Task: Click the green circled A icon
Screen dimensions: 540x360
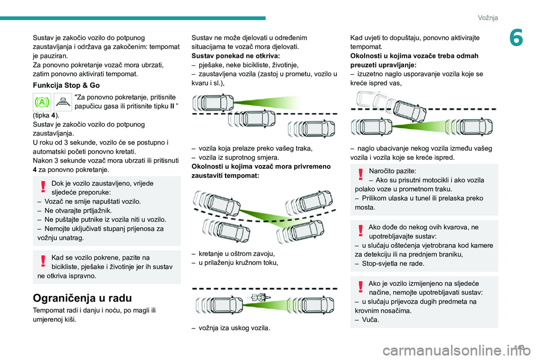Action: coord(42,102)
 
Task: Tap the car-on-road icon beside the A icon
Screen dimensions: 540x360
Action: coord(62,102)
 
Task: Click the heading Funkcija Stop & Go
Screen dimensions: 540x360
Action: coord(66,85)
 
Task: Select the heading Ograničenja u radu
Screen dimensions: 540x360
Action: coord(82,298)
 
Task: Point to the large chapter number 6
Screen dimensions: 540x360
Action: coord(516,38)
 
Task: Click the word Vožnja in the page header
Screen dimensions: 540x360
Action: coord(488,17)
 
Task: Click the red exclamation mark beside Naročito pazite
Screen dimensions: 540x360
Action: coord(361,174)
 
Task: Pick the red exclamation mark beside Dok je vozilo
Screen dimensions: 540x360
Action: coord(43,186)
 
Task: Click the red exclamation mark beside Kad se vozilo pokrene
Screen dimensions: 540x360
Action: coord(43,261)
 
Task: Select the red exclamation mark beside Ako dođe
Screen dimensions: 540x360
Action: coord(361,230)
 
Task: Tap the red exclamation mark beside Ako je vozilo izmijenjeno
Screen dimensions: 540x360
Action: coord(361,287)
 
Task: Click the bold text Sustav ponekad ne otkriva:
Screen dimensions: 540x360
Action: coord(236,56)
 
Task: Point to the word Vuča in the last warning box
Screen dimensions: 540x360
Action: coord(371,319)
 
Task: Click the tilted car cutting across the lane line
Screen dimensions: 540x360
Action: coord(410,111)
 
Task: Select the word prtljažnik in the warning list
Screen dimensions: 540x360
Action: coord(96,210)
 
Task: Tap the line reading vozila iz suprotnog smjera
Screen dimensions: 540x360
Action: coord(238,157)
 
